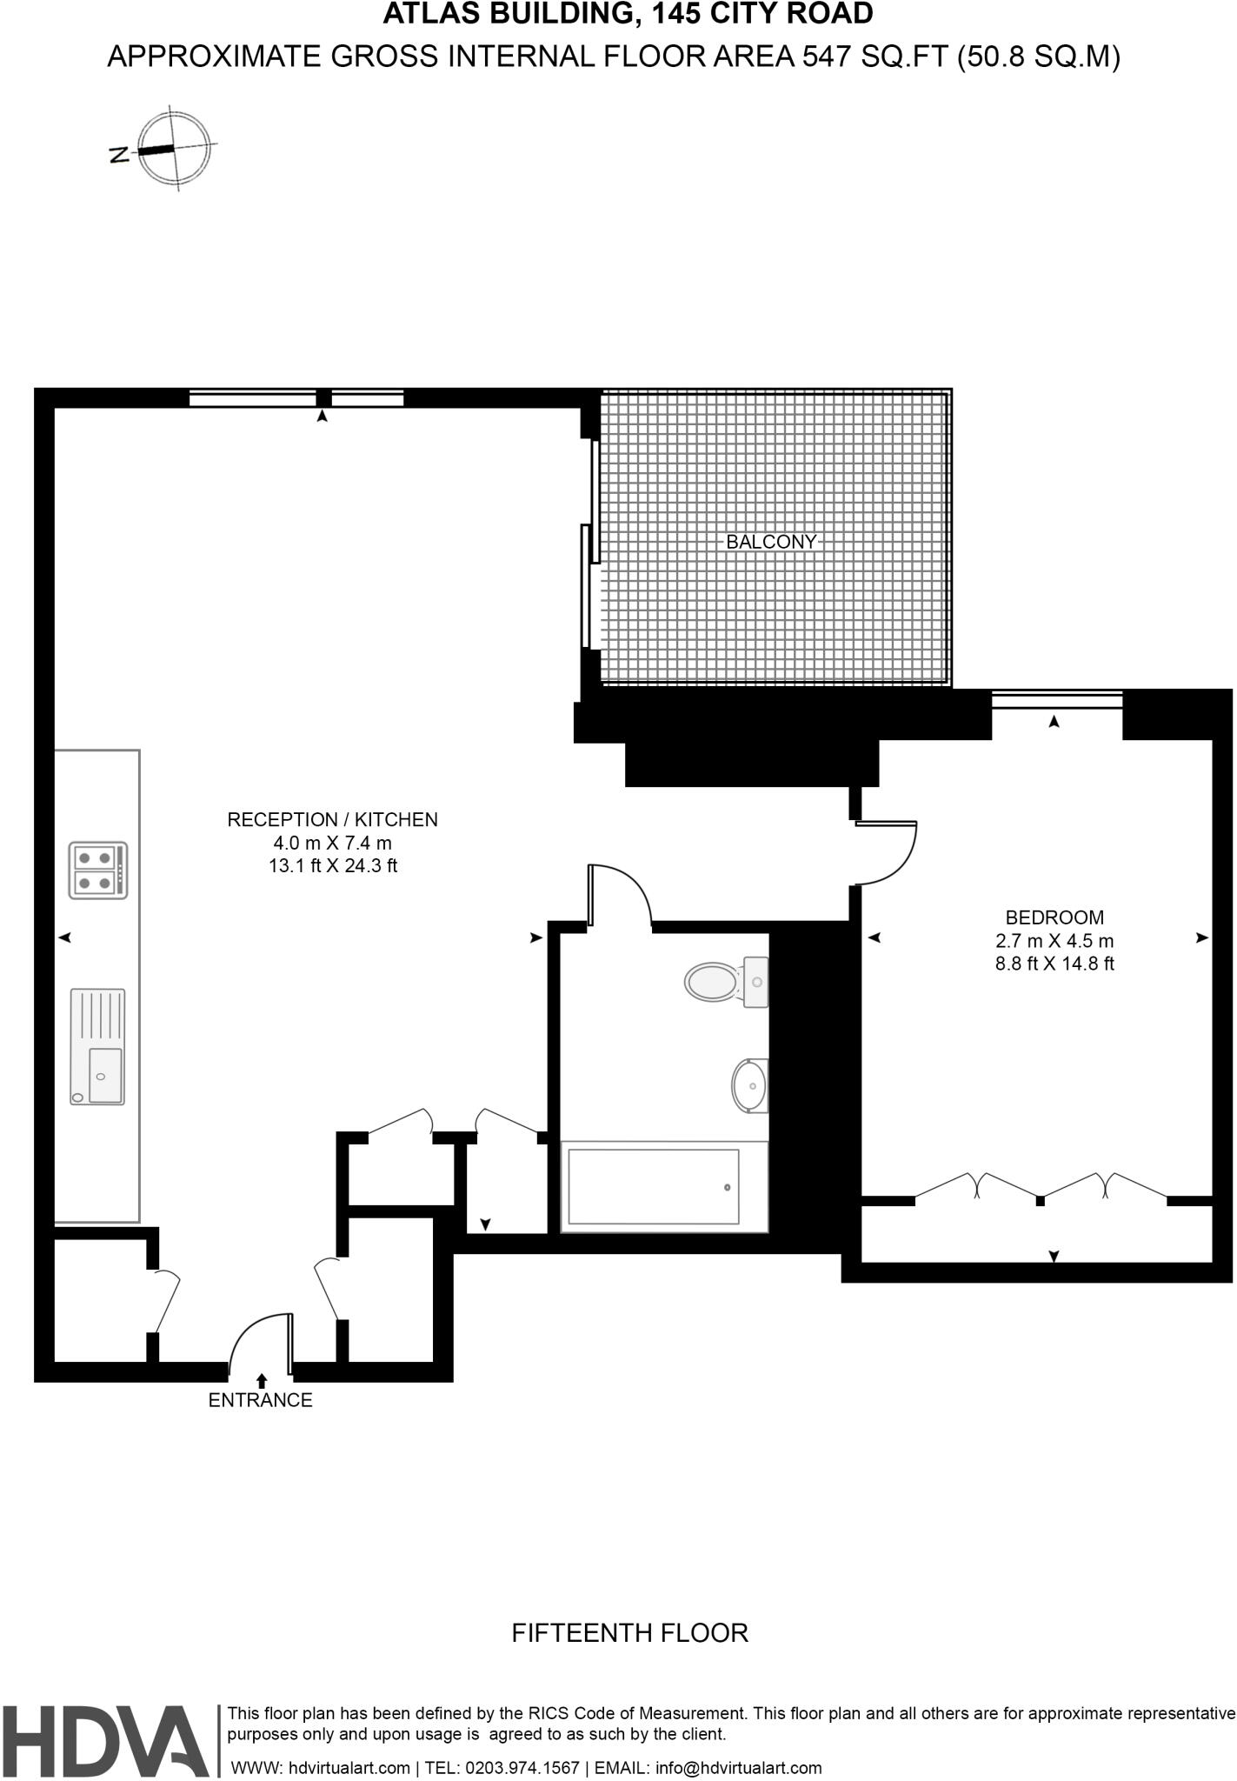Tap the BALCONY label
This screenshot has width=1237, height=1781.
(771, 542)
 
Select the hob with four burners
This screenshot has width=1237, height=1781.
(98, 870)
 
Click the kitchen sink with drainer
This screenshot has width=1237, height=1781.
(97, 1046)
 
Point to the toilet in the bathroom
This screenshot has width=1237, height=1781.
(726, 982)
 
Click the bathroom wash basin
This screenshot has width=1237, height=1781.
(749, 1085)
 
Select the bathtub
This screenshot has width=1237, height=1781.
(654, 1186)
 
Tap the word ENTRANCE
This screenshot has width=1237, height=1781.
(260, 1400)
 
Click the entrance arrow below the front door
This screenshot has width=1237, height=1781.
(262, 1379)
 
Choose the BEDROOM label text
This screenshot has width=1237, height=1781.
(1054, 917)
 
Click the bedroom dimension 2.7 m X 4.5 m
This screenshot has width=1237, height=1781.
(1054, 940)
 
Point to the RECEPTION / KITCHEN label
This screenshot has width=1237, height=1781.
(332, 819)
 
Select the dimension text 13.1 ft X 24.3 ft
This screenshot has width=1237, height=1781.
(333, 866)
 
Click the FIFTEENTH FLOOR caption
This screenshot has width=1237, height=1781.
(629, 1633)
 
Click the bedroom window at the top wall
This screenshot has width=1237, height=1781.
(1057, 699)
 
